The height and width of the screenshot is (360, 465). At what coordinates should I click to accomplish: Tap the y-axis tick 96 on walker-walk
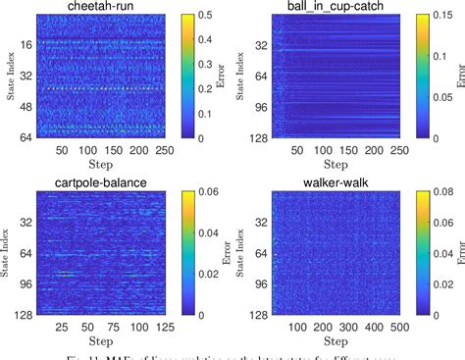coord(264,283)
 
